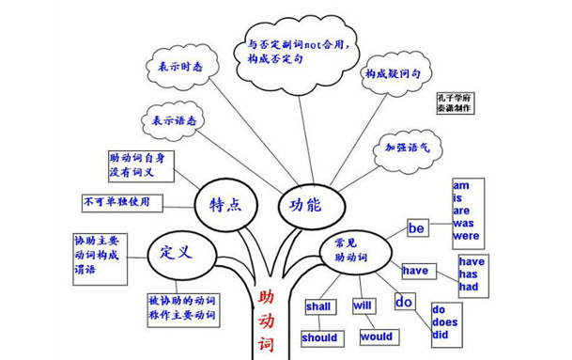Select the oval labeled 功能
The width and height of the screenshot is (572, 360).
(306, 203)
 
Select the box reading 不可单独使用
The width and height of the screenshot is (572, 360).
(121, 202)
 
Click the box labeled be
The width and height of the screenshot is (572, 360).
(417, 227)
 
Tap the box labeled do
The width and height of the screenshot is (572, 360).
(404, 302)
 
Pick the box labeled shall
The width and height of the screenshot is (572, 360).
(318, 306)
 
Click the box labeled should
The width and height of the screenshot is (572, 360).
(319, 337)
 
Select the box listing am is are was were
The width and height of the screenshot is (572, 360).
(467, 210)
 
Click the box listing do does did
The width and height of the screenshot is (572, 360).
(450, 322)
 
